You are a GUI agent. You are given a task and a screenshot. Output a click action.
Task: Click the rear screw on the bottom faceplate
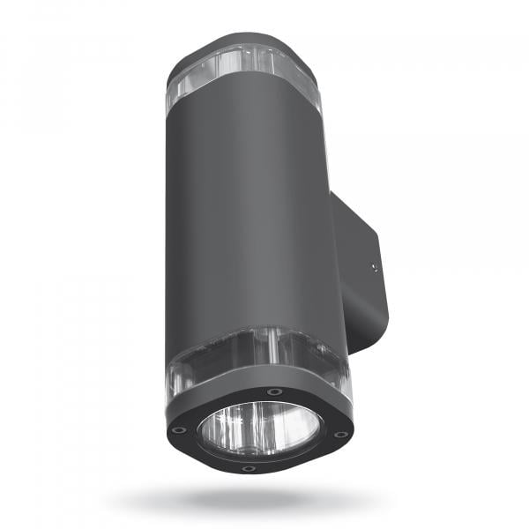click(x=275, y=391)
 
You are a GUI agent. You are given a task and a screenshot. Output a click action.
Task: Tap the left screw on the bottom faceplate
click(x=180, y=429)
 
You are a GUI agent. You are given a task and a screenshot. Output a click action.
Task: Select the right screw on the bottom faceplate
click(x=339, y=434)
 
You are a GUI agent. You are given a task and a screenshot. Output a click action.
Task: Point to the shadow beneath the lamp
click(x=256, y=500)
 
